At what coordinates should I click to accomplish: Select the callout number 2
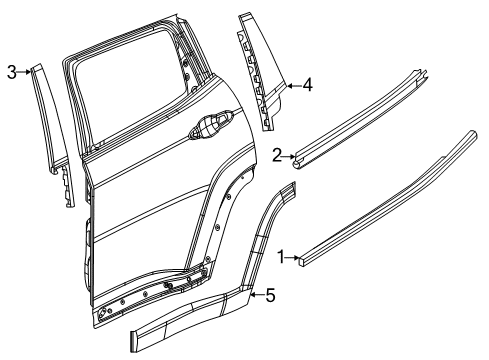click(277, 154)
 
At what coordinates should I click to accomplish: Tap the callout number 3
click(11, 71)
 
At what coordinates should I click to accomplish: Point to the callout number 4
click(307, 86)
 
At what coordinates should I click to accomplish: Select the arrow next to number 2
click(288, 155)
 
